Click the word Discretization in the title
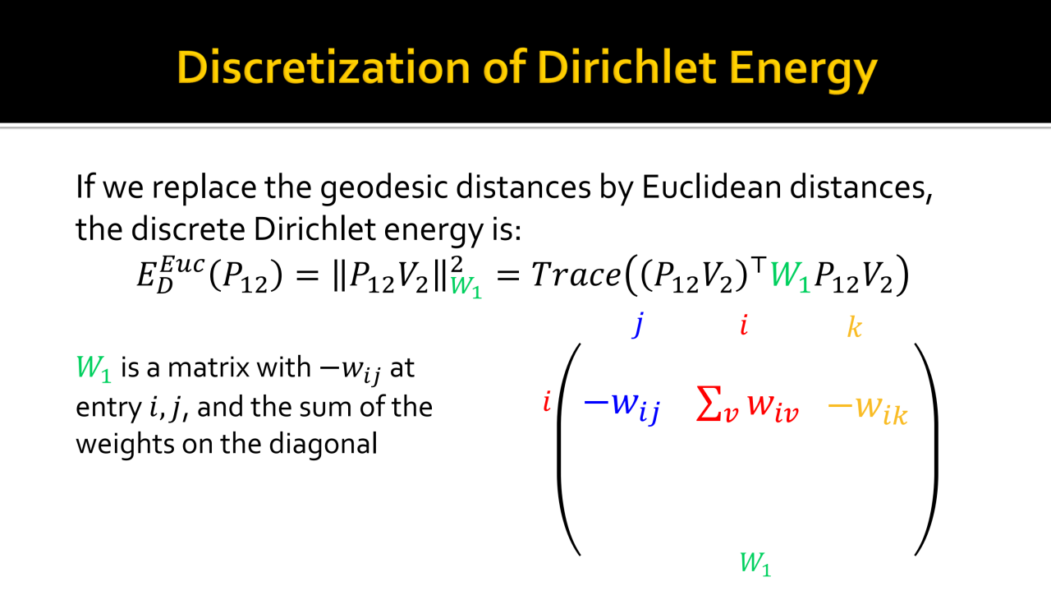tap(324, 67)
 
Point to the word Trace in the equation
tap(576, 275)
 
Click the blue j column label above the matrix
tap(638, 325)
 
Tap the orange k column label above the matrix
tap(855, 326)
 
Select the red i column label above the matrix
tap(744, 326)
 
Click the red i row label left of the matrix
tap(547, 402)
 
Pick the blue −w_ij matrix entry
tap(622, 405)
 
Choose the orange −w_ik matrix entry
tap(868, 408)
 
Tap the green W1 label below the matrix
tap(755, 563)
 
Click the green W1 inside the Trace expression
tap(791, 275)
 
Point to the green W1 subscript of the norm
tap(466, 287)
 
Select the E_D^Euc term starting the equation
tap(170, 274)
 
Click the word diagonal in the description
tap(324, 443)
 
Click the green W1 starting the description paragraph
tap(94, 368)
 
